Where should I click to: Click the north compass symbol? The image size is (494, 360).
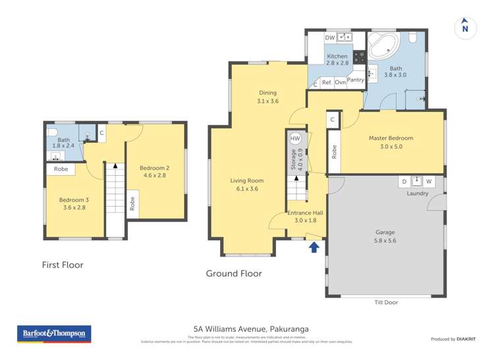tap(465, 27)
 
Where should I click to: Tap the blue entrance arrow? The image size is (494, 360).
tap(314, 247)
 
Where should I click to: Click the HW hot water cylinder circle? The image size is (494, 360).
tap(295, 139)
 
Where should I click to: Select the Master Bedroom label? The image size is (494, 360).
tap(391, 142)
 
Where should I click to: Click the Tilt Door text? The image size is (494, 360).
tap(385, 302)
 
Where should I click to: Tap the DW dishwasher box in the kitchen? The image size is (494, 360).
tap(329, 38)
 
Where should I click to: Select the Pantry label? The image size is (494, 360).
tap(356, 80)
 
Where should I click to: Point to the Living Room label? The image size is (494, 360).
tap(247, 184)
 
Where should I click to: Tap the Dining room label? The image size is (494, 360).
tap(267, 97)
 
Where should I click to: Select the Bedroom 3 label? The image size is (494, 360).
tap(72, 203)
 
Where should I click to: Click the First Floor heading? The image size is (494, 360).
tap(62, 265)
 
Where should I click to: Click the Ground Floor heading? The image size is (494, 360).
tap(234, 274)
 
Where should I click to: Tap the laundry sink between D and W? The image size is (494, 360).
tap(416, 181)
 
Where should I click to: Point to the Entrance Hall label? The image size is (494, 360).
tap(305, 217)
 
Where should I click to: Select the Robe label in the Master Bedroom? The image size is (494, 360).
tap(335, 152)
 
